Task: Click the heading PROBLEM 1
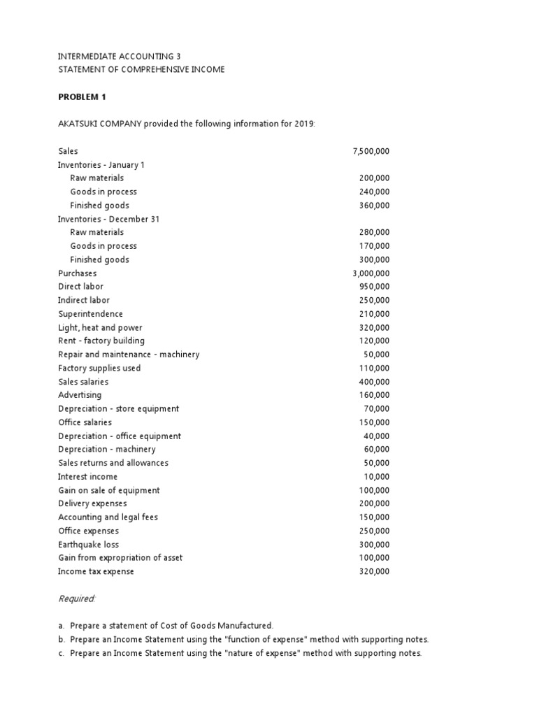point(82,96)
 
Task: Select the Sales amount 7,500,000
point(371,151)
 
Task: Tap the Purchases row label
point(77,273)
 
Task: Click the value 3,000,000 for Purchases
point(371,273)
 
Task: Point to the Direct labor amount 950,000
point(374,287)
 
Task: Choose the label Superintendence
point(90,314)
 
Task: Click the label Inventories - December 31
point(108,219)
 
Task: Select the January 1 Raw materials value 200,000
point(374,178)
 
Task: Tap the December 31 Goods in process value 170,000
point(374,246)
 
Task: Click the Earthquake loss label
point(88,544)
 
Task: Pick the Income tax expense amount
point(374,571)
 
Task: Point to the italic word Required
point(76,599)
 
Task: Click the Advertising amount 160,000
point(374,395)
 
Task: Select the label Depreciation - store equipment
point(118,408)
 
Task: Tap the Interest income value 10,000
point(377,477)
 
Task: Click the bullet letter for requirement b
point(61,640)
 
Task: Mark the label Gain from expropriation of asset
point(120,558)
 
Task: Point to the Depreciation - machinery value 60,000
point(377,450)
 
